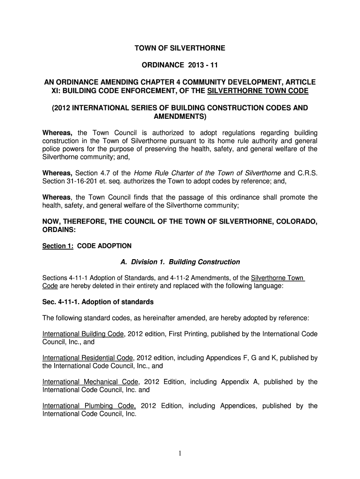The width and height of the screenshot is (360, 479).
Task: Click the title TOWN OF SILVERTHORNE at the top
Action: (x=180, y=48)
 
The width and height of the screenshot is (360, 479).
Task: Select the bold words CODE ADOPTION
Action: (x=104, y=246)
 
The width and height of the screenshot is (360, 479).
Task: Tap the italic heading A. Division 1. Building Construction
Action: (x=180, y=262)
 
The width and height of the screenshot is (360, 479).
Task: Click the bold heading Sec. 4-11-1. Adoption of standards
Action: (x=98, y=302)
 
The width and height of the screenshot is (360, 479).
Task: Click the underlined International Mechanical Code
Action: (x=90, y=382)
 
